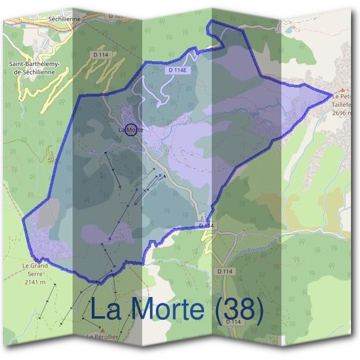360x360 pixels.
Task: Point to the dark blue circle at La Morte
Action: click(x=130, y=128)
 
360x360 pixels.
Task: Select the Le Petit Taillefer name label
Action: click(x=344, y=99)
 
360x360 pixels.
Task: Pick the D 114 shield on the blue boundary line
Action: click(x=204, y=225)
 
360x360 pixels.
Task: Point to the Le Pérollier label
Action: click(x=102, y=338)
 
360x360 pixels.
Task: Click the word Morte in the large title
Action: click(x=163, y=310)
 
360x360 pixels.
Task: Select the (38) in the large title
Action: click(x=234, y=310)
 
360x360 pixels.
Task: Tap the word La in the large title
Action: click(x=106, y=310)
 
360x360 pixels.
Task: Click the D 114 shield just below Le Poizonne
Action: click(x=224, y=271)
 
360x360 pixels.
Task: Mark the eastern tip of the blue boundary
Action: click(x=331, y=94)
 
